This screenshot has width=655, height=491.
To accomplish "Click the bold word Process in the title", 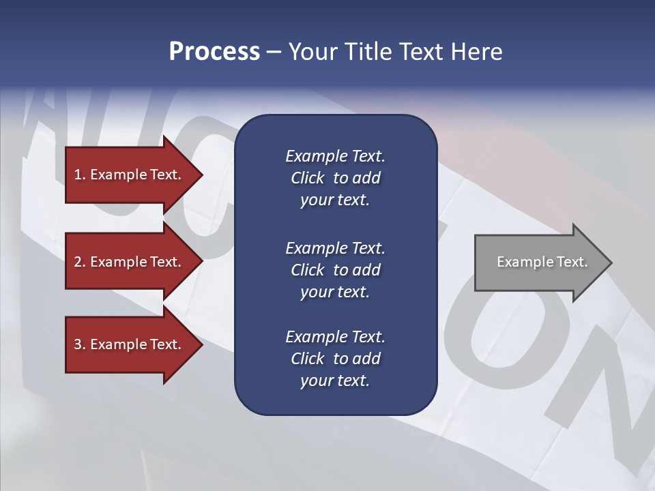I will pyautogui.click(x=214, y=52).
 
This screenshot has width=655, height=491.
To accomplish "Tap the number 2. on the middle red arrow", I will pyautogui.click(x=79, y=262).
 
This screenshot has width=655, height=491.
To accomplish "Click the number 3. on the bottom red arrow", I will pyautogui.click(x=79, y=344).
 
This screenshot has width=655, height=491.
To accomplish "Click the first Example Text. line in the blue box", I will pyautogui.click(x=335, y=156).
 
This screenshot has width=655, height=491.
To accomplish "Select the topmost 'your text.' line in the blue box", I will pyautogui.click(x=335, y=200).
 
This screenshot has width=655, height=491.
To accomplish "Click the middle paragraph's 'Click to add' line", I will pyautogui.click(x=335, y=270).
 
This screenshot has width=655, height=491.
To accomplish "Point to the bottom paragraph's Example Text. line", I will pyautogui.click(x=335, y=337).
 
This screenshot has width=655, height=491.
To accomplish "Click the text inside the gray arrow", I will pyautogui.click(x=542, y=262).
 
